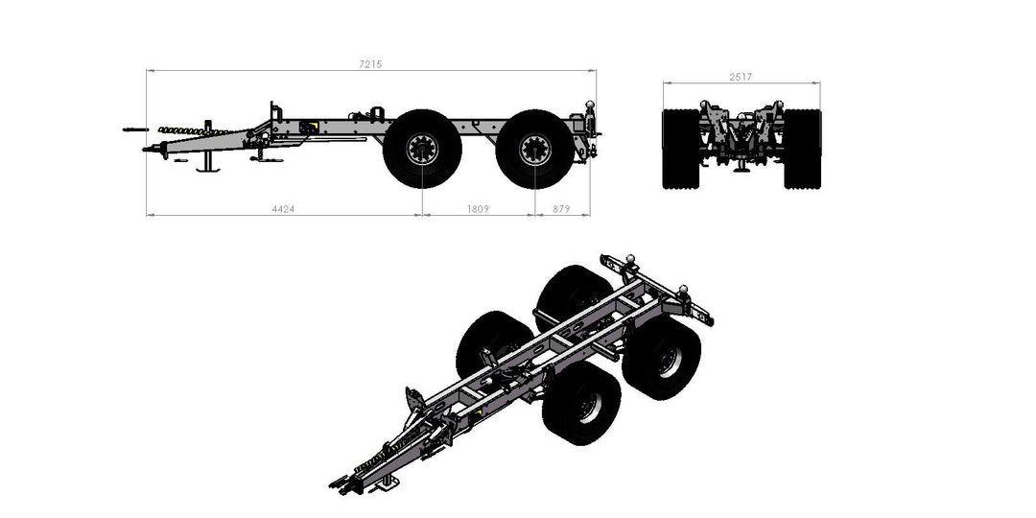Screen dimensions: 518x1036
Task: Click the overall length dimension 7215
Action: pyautogui.click(x=370, y=63)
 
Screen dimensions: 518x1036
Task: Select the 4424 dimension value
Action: pyautogui.click(x=282, y=208)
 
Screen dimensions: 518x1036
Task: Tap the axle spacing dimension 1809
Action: pyautogui.click(x=477, y=208)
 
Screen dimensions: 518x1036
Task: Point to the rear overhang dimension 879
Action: pyautogui.click(x=561, y=208)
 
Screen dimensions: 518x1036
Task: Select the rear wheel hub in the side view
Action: pyautogui.click(x=533, y=149)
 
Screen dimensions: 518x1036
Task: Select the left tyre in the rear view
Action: pyautogui.click(x=681, y=149)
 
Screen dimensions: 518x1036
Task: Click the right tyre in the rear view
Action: pyautogui.click(x=803, y=149)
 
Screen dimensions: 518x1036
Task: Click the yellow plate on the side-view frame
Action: pyautogui.click(x=310, y=127)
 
